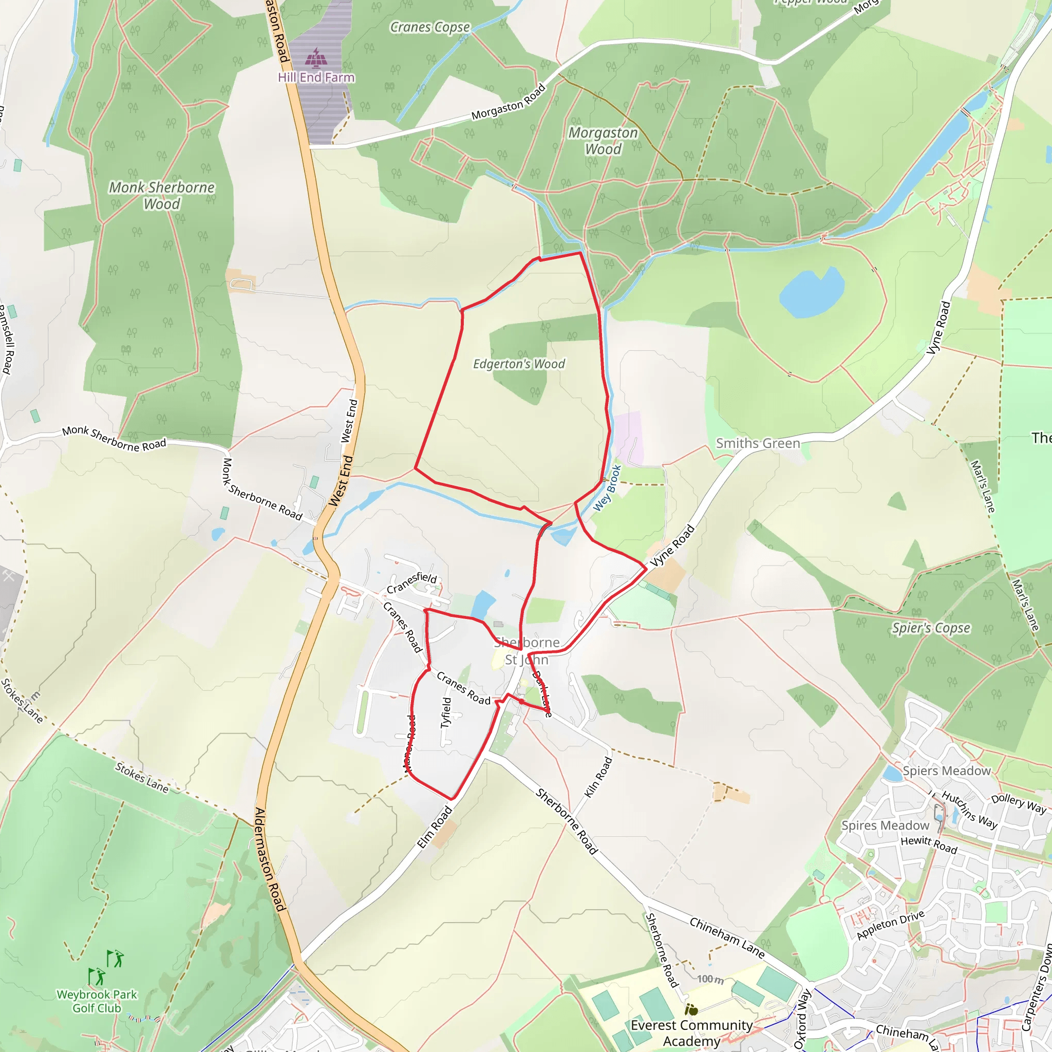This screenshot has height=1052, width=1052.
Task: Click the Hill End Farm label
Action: point(316,78)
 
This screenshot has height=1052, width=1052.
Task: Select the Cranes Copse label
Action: point(429,27)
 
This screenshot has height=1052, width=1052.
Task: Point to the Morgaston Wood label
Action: point(603,141)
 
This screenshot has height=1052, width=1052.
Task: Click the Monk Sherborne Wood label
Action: point(162,196)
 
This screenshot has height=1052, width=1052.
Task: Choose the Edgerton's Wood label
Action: point(518,364)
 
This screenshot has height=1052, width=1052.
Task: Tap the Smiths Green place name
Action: point(758,443)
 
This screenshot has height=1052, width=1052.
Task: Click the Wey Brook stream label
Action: point(607,488)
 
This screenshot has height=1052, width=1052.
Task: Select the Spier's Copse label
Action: point(931,628)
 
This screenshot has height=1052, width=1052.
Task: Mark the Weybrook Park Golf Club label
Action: point(97,1001)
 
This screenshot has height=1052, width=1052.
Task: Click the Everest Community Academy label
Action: point(691,1033)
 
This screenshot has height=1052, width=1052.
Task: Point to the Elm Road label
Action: point(434,827)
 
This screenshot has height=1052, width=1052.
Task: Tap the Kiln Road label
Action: point(598,778)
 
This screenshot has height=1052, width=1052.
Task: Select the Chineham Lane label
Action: point(727,937)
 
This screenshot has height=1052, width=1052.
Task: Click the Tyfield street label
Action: point(446,713)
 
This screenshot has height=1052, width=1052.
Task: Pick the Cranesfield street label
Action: point(411,583)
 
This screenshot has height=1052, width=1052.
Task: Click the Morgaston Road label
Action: point(508,102)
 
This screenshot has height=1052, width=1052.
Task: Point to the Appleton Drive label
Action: point(890,925)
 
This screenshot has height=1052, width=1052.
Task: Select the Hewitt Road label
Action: point(928,844)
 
